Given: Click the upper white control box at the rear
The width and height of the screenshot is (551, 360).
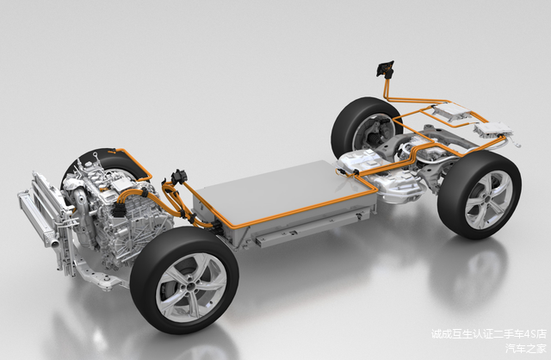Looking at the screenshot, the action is (x=452, y=111).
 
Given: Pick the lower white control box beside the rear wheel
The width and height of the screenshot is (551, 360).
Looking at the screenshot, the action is (x=494, y=130).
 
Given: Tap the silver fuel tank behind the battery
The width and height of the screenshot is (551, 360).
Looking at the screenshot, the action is (x=383, y=176).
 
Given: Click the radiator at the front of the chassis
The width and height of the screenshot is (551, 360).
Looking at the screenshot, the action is (x=46, y=225).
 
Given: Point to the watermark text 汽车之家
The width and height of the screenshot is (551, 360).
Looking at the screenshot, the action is (x=525, y=348).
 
